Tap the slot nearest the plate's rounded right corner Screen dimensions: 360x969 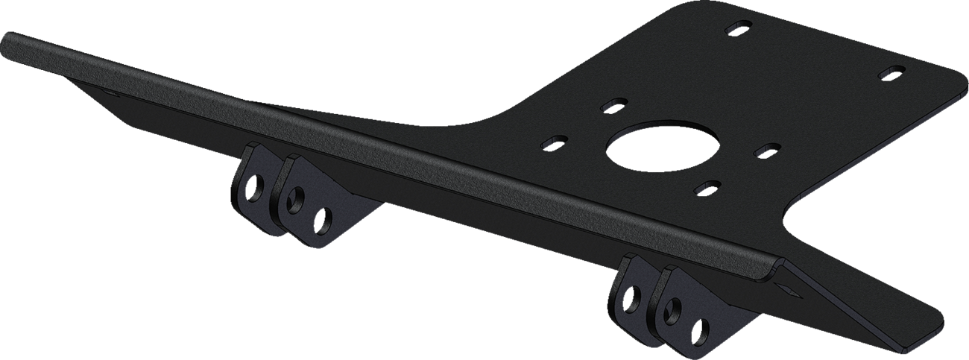click(x=891, y=73)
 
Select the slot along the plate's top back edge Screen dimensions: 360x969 click(x=736, y=29)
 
